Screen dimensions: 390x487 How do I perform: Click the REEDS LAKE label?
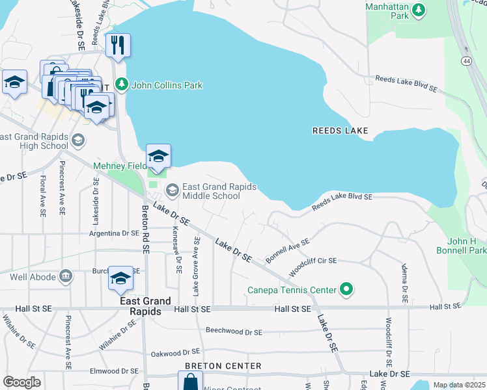point(341,131)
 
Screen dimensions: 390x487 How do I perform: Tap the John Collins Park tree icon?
point(122,84)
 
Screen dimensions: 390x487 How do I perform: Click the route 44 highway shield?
point(466,60)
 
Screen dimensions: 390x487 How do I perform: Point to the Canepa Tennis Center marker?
point(347,290)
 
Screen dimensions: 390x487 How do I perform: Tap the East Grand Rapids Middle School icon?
point(173,190)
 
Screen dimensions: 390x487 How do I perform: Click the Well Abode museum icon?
point(65,278)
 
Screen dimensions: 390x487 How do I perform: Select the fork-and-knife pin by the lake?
point(118,45)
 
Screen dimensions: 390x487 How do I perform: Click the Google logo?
point(22,382)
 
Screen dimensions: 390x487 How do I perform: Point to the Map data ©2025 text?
point(458,385)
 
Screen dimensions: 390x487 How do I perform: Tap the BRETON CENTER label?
point(223,366)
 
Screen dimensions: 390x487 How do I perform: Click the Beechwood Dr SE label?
point(234,331)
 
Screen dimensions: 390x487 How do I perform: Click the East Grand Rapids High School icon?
point(77,140)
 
